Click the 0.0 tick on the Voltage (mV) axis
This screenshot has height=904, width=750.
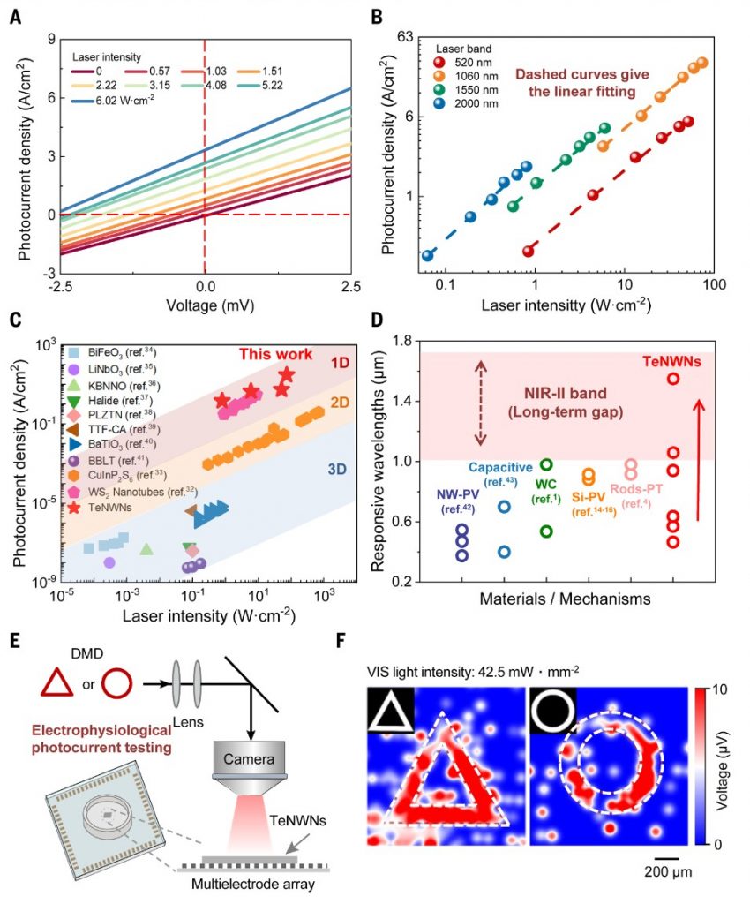(205, 285)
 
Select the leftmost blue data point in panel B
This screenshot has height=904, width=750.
(428, 255)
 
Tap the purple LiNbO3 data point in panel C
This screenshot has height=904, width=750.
(109, 562)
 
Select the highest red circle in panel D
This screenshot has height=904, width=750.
(673, 379)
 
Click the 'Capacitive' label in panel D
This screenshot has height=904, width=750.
(500, 467)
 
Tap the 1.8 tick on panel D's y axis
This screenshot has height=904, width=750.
(405, 341)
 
